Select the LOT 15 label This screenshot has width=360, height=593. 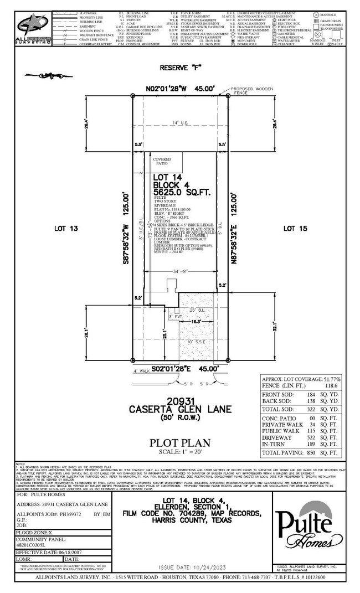coord(295,228)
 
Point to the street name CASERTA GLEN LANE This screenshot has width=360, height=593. coord(180,409)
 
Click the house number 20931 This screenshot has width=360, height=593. coord(180,400)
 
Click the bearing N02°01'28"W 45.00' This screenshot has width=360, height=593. coord(180,89)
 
